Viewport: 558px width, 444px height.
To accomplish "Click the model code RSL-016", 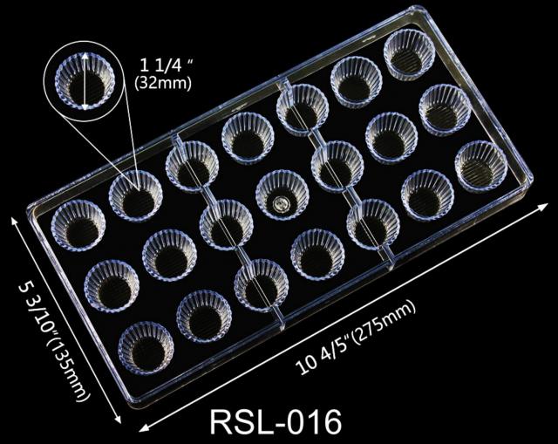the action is click(x=276, y=422).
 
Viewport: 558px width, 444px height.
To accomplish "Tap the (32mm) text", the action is click(x=163, y=83).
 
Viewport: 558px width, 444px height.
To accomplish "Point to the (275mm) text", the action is click(x=384, y=322).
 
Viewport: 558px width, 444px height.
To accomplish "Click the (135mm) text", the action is click(x=68, y=362).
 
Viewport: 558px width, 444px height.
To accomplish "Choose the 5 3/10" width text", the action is click(x=37, y=301).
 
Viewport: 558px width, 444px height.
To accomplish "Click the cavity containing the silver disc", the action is click(x=282, y=195).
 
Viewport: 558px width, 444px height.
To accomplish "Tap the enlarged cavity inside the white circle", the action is click(x=85, y=81).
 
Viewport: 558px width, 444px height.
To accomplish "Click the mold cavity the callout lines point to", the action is click(x=136, y=195).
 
